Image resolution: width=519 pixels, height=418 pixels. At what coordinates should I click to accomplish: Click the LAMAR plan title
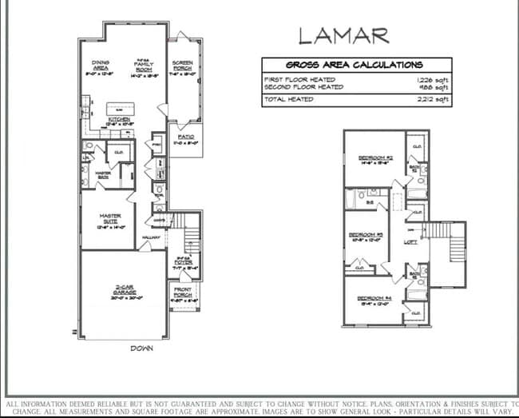[344, 35]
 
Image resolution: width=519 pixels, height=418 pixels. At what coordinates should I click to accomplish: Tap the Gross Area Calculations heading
[355, 65]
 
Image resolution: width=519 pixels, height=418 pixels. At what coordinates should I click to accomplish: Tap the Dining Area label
[102, 65]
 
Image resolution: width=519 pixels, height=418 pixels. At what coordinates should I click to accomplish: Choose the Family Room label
[144, 65]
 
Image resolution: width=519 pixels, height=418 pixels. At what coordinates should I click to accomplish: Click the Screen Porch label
[183, 65]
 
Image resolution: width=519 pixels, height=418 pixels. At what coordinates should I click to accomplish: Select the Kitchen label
[120, 119]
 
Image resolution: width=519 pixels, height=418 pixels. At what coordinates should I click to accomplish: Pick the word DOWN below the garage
[142, 348]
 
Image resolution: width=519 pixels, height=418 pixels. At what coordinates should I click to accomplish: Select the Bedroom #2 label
[374, 158]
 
